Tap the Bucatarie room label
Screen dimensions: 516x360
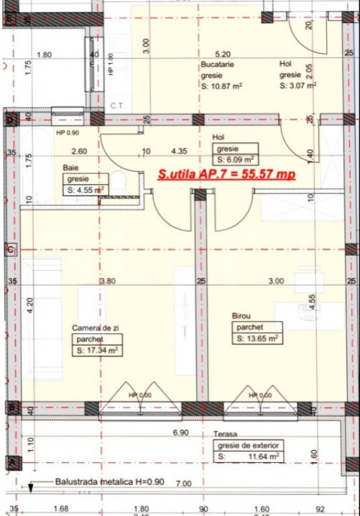coord(216,65)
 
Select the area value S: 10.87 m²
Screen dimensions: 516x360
coord(221,86)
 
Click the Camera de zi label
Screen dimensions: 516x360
coord(96,327)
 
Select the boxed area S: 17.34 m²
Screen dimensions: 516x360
coord(97,350)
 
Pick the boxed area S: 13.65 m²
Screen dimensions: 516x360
coord(257,339)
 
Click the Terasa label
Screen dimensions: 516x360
coord(226,435)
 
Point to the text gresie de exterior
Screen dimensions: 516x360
coord(248,445)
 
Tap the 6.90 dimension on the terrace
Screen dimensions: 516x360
coord(180,433)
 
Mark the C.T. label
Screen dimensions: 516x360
coord(117,106)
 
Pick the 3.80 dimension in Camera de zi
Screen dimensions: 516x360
coord(107,281)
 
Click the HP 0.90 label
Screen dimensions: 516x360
coord(68,133)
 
